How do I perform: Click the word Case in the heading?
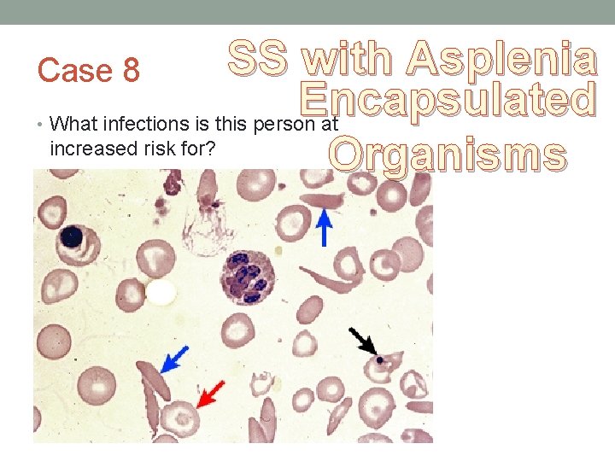[71, 71]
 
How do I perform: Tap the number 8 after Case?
[131, 71]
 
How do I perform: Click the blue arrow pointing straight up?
[324, 228]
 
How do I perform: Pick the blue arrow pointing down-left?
[175, 359]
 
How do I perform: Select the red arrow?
[210, 394]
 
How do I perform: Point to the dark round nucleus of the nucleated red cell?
[71, 236]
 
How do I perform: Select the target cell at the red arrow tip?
[181, 418]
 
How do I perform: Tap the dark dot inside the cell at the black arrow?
[378, 360]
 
